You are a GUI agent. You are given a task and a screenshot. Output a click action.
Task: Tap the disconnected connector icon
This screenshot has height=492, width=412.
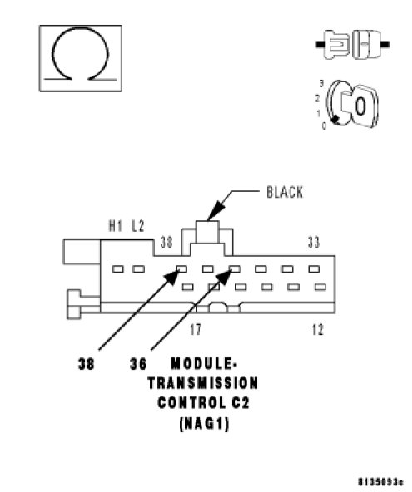[x=353, y=44]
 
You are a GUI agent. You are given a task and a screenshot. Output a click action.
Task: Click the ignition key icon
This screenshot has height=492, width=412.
[x=351, y=105]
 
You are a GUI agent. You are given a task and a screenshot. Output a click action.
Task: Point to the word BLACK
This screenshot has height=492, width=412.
[x=285, y=192]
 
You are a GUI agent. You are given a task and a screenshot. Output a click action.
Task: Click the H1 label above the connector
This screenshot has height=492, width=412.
[x=115, y=226]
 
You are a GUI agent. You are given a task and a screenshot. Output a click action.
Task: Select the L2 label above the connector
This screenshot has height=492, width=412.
[x=137, y=226]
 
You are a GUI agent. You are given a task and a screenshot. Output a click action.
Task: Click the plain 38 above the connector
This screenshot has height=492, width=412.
[x=166, y=242]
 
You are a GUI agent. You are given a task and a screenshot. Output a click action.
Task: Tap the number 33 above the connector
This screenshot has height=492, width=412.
[x=313, y=242]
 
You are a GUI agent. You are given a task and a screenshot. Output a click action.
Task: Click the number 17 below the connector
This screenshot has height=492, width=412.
[x=195, y=329]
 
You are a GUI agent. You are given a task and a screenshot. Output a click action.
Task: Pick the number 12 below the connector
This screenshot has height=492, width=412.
[x=317, y=329]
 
